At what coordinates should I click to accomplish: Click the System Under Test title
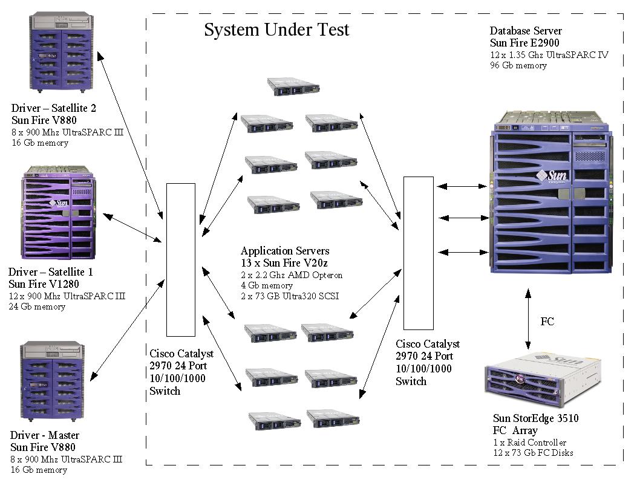(x=276, y=30)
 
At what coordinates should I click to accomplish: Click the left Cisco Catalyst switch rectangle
(x=180, y=259)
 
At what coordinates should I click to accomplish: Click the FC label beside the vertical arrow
(x=547, y=322)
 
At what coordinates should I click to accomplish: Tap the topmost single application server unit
(x=295, y=86)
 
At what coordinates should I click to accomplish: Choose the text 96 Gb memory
(x=518, y=65)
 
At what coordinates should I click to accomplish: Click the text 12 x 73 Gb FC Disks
(x=533, y=453)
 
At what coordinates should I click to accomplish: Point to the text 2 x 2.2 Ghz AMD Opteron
(x=292, y=275)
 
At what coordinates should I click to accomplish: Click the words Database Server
(x=526, y=31)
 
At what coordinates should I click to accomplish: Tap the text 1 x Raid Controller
(x=529, y=443)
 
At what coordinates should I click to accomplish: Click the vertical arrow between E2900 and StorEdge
(x=528, y=320)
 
